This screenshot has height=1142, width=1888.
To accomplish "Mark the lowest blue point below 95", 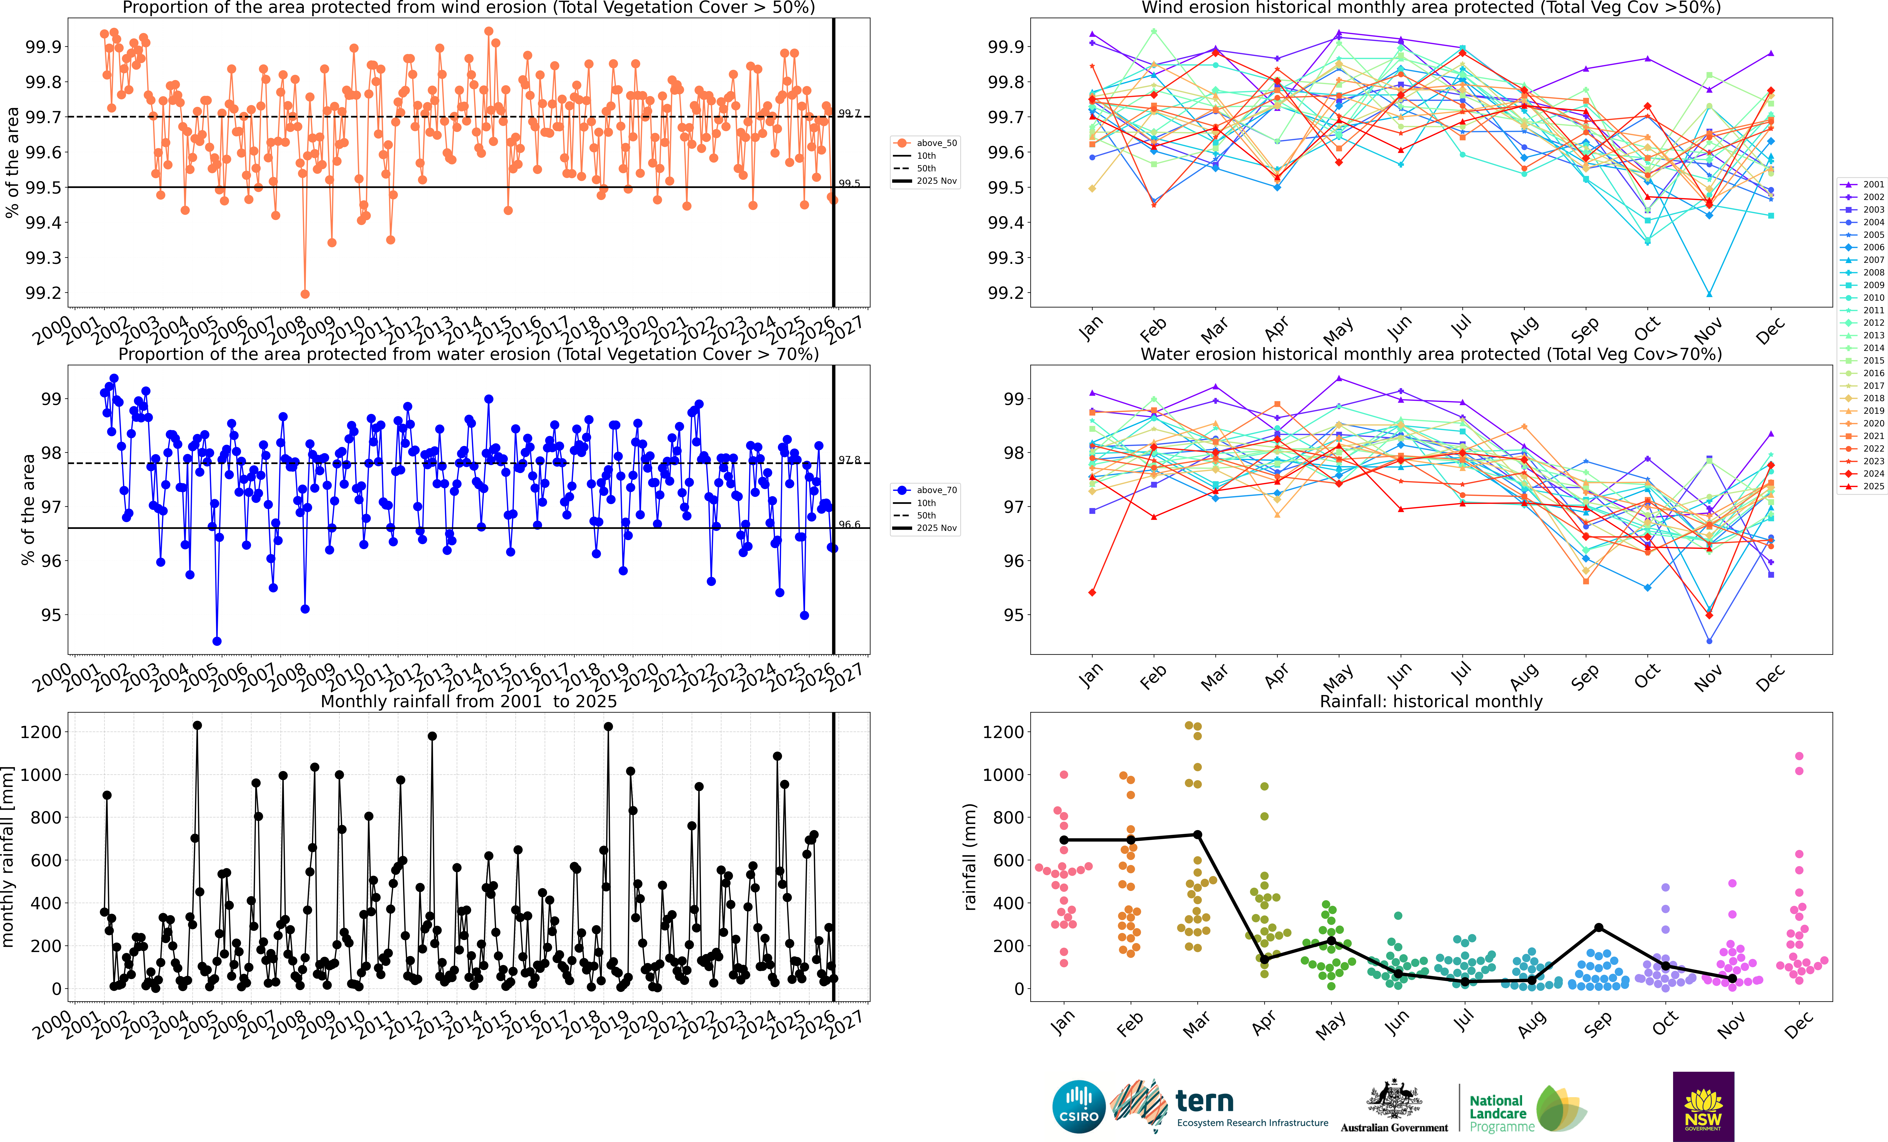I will click(x=217, y=641).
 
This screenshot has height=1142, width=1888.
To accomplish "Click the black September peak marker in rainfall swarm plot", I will click(x=1598, y=928).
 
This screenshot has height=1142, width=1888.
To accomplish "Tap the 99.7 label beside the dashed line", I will click(x=849, y=113).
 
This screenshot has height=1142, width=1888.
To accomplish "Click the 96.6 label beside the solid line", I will click(x=849, y=525).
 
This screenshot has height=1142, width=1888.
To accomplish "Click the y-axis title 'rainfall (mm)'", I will click(x=970, y=856).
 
